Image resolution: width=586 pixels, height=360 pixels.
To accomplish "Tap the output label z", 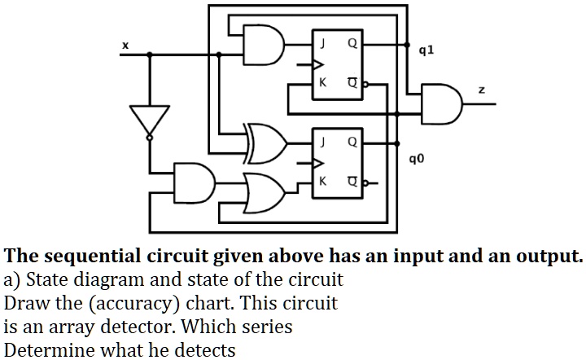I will (481, 90).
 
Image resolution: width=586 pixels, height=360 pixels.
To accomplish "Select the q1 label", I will (425, 50).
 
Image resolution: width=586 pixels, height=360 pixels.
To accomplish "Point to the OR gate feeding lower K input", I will (266, 190).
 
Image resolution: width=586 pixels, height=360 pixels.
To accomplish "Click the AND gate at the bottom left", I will (195, 181).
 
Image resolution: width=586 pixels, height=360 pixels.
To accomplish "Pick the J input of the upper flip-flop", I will (323, 43).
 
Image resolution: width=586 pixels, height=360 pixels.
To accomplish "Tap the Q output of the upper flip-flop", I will (351, 43).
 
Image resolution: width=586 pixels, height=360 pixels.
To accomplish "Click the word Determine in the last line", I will (46, 350).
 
